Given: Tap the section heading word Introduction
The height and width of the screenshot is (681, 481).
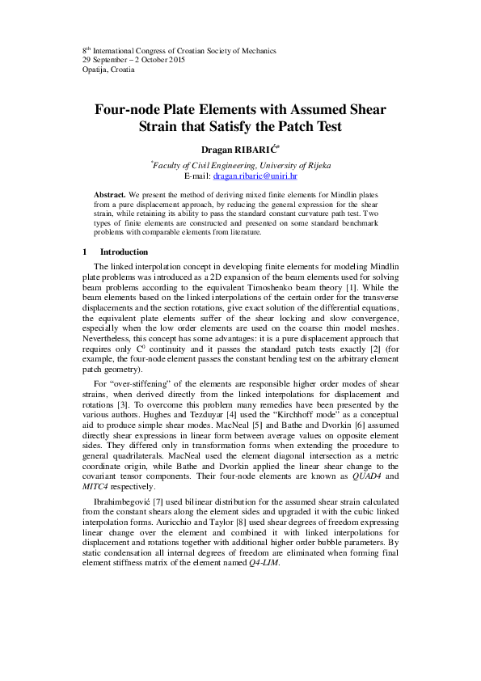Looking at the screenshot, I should pos(124,252).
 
